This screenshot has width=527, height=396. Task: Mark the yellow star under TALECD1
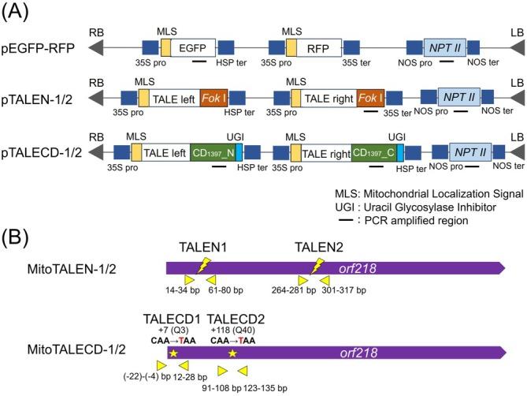[173, 352]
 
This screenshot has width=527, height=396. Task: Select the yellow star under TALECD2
[232, 352]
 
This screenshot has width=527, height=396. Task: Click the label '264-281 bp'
[297, 290]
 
